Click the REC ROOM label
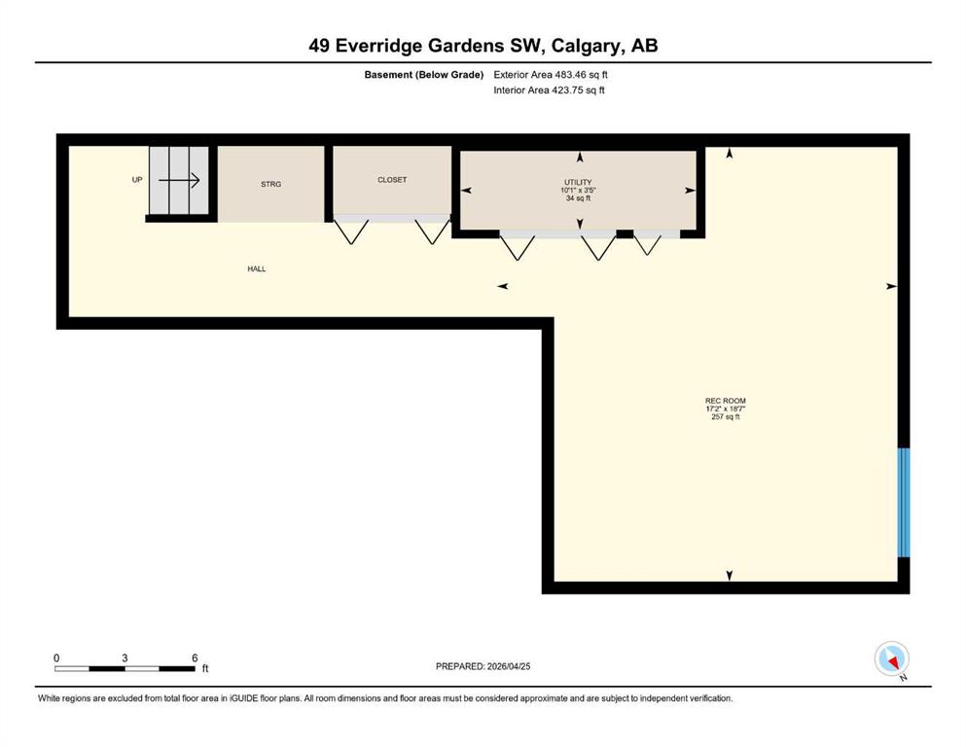(725, 401)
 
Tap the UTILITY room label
(578, 182)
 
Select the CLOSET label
(392, 180)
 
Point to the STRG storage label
(271, 184)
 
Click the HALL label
(257, 268)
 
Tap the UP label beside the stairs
(137, 180)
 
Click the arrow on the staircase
(179, 181)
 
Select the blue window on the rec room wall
(903, 503)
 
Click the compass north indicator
(891, 659)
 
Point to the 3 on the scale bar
(125, 658)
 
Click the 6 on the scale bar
(195, 658)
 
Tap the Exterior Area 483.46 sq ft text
(551, 75)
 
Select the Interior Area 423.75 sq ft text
(549, 89)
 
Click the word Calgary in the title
(586, 46)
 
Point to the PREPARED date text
(483, 666)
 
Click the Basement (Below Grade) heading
(424, 75)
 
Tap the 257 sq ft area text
(725, 417)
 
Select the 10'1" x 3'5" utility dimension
(578, 191)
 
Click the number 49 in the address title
(319, 46)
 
